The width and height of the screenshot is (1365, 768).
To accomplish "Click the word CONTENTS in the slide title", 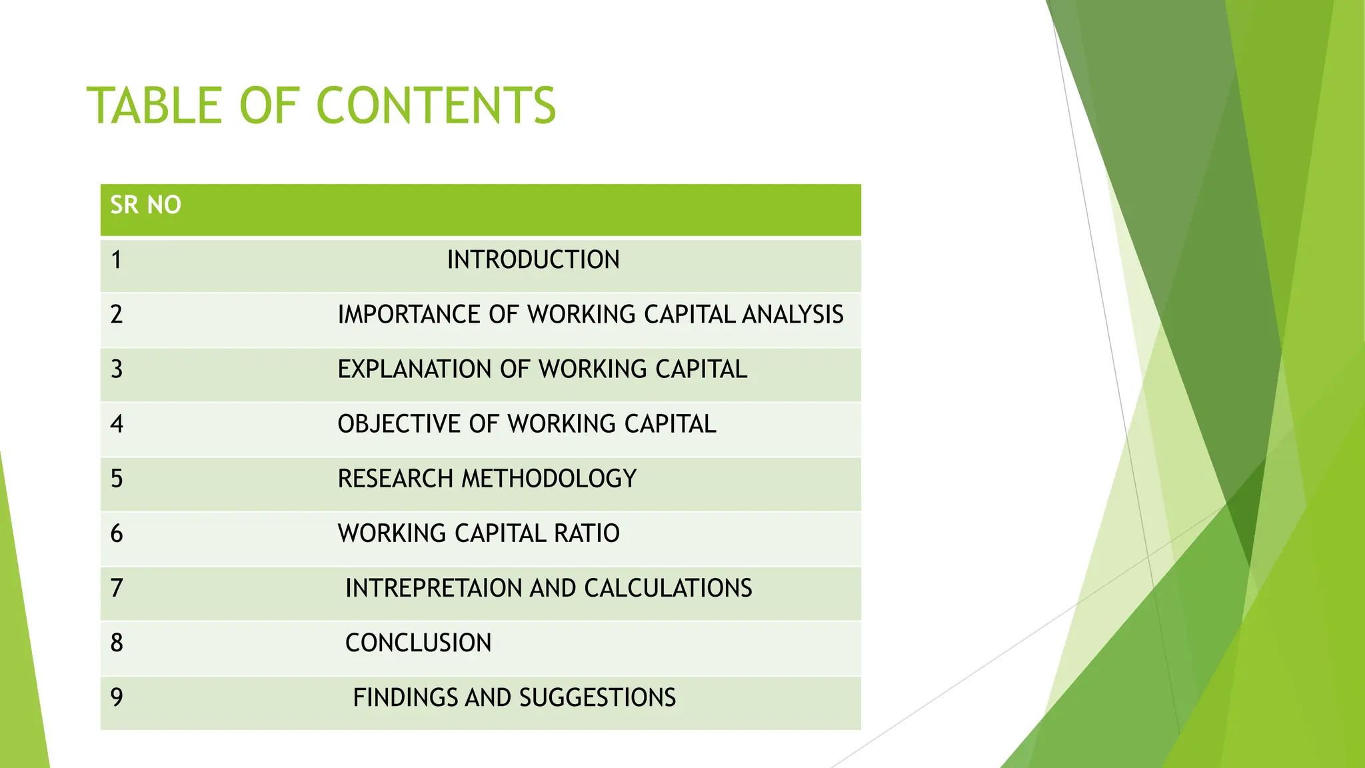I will tap(436, 105).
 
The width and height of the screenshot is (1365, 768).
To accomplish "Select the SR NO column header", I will tap(145, 205).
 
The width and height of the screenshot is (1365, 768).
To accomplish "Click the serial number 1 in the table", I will tap(117, 260).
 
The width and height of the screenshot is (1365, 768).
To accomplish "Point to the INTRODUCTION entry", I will tap(533, 260).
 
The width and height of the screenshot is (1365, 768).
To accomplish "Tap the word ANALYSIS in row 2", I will tap(792, 315).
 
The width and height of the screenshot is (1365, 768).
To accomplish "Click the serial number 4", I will tap(117, 424).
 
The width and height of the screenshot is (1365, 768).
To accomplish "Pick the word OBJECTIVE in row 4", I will tap(398, 424).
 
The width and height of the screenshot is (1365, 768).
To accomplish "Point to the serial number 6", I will tap(117, 533).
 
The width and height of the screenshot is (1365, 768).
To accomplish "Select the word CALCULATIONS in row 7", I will tap(668, 588).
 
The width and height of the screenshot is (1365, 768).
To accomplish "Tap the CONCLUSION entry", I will tap(419, 643).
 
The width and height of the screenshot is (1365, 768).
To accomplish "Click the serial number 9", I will tap(117, 697).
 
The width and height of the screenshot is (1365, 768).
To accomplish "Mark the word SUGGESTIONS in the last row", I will tap(597, 697).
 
